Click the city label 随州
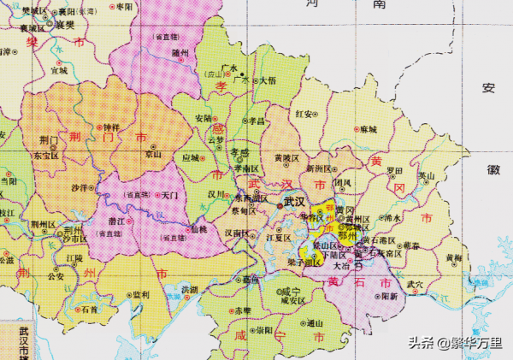pos(180,52)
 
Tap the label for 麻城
pos(369,129)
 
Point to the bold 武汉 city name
pos(295,202)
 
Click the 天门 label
pos(170,196)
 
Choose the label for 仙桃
pos(198,230)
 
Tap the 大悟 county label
pos(267,80)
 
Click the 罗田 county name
pos(394,169)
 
